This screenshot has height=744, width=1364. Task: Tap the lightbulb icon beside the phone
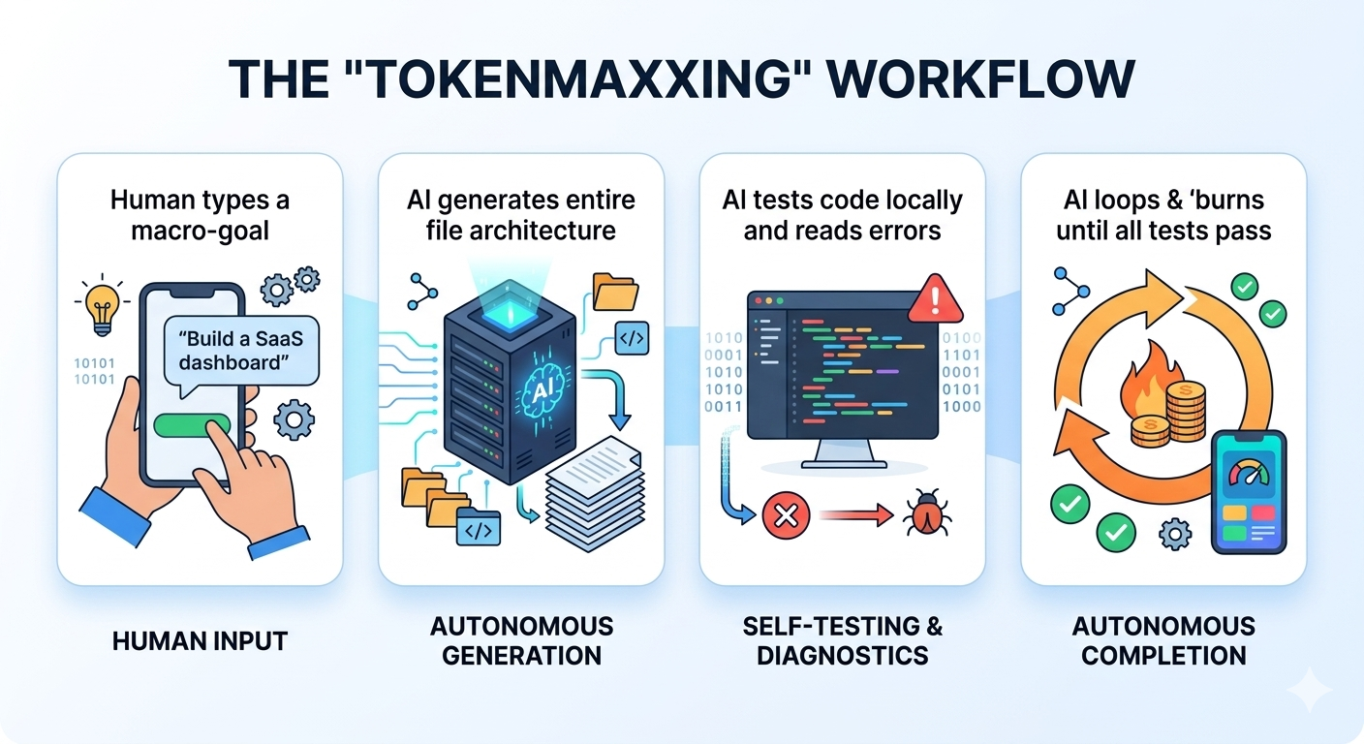click(102, 307)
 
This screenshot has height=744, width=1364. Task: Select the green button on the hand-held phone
click(190, 425)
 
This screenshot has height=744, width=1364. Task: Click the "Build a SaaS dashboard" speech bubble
click(241, 352)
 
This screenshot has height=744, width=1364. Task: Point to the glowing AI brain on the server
click(541, 388)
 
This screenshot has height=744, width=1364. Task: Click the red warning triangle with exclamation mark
click(935, 299)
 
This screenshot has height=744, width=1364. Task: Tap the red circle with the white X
click(786, 516)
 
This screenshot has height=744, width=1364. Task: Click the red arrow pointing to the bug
click(855, 515)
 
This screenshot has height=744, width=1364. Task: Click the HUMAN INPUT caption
click(200, 641)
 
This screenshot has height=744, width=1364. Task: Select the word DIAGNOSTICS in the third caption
click(842, 656)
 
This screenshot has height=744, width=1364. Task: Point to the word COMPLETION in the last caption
click(1163, 656)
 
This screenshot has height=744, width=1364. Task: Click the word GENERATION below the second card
click(521, 656)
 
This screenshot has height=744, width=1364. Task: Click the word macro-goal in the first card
click(200, 231)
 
